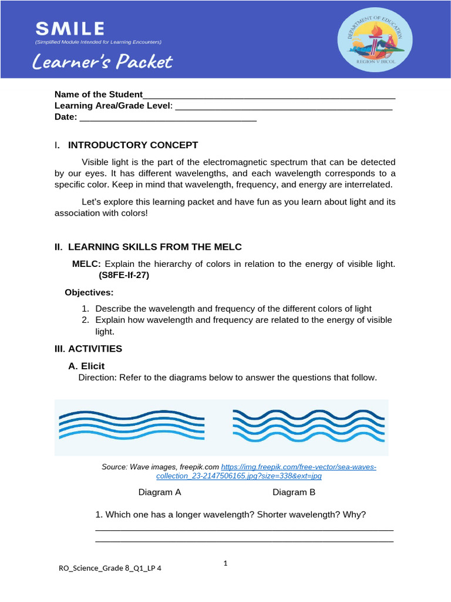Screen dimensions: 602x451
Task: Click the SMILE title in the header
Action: [70, 28]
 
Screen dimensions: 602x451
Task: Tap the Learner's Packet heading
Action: [103, 62]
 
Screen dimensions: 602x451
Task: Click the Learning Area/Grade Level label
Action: [113, 106]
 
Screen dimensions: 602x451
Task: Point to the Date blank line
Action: [167, 118]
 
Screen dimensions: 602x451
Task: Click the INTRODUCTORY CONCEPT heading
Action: [133, 145]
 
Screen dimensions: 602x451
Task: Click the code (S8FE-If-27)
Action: [124, 275]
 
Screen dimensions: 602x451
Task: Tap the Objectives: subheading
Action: [89, 292]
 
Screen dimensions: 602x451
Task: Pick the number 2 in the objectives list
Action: [85, 320]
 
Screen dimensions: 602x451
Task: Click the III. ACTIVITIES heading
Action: [88, 349]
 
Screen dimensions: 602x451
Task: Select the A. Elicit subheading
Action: [86, 366]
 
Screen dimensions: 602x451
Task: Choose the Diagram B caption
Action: [294, 492]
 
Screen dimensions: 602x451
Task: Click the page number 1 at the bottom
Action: [225, 563]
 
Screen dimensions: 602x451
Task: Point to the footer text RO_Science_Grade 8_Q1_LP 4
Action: [110, 568]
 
